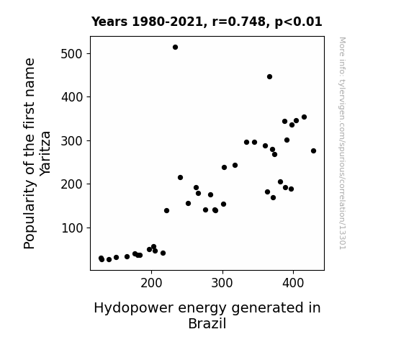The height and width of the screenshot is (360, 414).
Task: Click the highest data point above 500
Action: tap(175, 48)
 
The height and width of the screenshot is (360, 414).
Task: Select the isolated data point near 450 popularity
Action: tap(269, 76)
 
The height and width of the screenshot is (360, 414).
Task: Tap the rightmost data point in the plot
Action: tap(313, 150)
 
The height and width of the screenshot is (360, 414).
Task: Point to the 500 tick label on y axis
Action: tap(71, 54)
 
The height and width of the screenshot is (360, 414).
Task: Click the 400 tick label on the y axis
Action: tap(72, 97)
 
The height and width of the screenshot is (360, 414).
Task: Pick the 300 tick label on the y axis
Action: tap(71, 141)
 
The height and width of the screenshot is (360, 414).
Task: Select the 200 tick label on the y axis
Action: tap(71, 184)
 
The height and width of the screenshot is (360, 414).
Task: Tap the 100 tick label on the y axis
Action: tap(72, 228)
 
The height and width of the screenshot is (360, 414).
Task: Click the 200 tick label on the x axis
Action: tap(151, 284)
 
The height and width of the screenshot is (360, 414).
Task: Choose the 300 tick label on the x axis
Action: tap(222, 284)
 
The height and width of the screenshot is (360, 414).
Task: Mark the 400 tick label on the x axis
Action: tap(293, 284)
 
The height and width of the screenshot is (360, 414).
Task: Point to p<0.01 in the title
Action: tap(298, 22)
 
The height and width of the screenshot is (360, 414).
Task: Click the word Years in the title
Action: tap(109, 22)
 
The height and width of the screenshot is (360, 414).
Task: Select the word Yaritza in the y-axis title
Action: tap(45, 153)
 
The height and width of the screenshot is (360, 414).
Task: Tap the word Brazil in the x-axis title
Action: tap(207, 323)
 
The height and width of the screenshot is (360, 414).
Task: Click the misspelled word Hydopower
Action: tap(134, 308)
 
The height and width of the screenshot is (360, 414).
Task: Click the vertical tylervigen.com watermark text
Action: tap(342, 143)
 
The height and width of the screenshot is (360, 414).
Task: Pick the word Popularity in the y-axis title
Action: tap(29, 215)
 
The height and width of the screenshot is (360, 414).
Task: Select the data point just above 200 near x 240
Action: tap(180, 178)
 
